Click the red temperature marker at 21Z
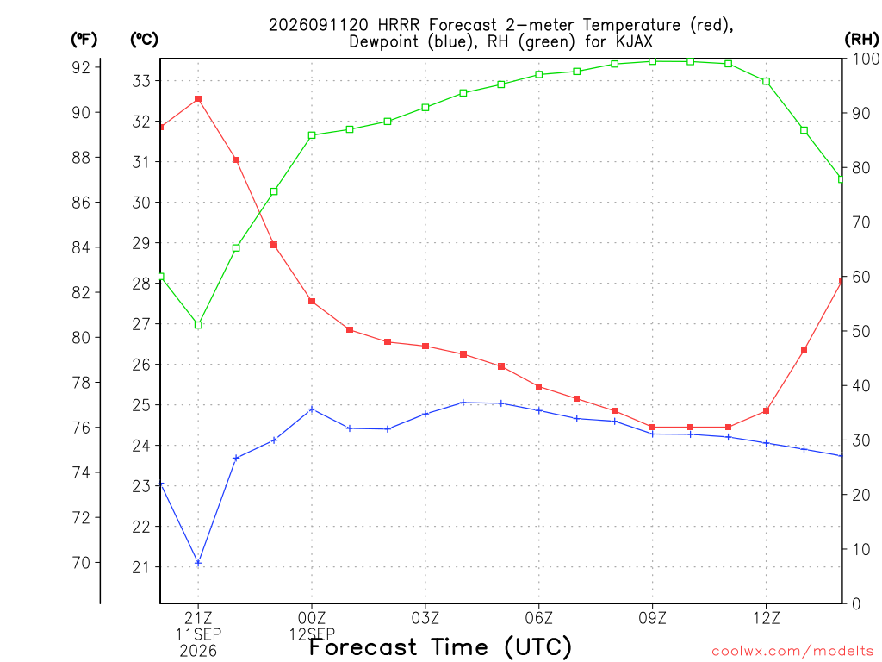tap(198, 99)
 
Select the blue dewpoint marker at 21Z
tap(198, 562)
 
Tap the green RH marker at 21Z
tap(198, 325)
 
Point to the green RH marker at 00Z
tap(312, 135)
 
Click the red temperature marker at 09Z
tap(653, 428)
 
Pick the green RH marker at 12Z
tap(766, 81)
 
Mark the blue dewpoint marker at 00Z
tap(312, 409)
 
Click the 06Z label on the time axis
tap(539, 619)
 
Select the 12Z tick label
tap(766, 619)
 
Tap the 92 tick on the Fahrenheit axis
tap(81, 67)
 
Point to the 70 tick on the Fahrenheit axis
tap(81, 562)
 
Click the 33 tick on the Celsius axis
tap(141, 81)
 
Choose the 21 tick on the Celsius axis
tap(141, 567)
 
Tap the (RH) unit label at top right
tap(861, 39)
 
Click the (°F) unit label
tap(84, 40)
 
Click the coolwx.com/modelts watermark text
tap(792, 651)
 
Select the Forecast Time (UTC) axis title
tap(440, 646)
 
